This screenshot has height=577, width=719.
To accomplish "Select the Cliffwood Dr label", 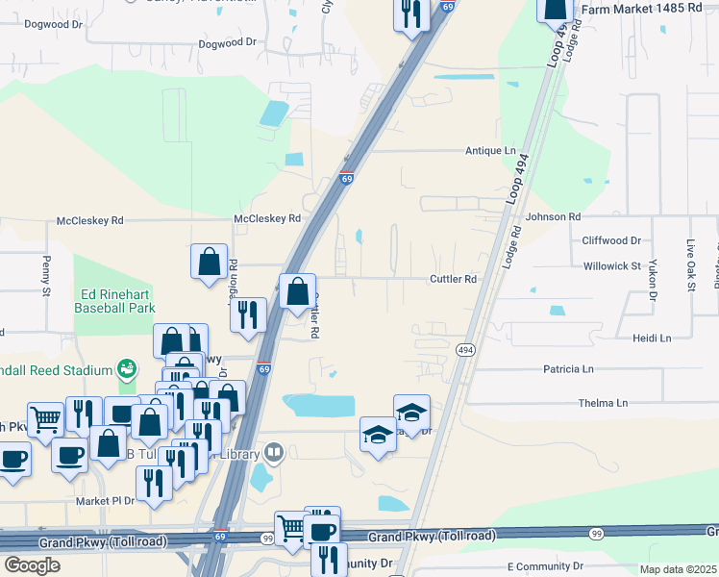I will click(x=611, y=240).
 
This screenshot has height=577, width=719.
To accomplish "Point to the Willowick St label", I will click(x=611, y=264).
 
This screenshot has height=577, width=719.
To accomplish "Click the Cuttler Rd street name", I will click(x=453, y=280).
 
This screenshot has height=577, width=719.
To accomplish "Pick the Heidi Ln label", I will click(x=651, y=339).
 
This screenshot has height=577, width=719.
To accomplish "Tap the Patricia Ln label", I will click(x=568, y=368).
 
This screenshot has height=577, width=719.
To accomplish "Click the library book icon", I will click(x=274, y=452).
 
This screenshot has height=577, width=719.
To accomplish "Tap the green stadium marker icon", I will click(x=124, y=368).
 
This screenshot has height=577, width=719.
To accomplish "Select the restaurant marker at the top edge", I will click(x=410, y=14).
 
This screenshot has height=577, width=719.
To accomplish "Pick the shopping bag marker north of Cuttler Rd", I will click(x=209, y=262).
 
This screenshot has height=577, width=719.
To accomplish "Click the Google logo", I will click(x=32, y=564).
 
